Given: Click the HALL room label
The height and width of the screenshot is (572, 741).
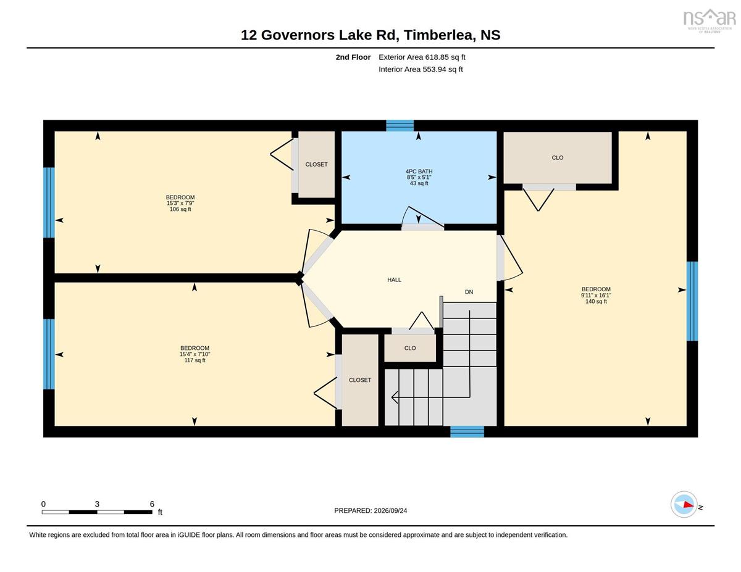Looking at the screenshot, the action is click(x=394, y=280).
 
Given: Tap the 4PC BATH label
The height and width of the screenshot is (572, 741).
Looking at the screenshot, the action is click(x=419, y=172).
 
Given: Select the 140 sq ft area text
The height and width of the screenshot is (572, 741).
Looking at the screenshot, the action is click(x=596, y=302).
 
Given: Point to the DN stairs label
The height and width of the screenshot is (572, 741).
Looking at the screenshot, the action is click(x=469, y=292).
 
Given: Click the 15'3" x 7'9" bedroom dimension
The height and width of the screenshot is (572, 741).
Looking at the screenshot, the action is click(x=180, y=203).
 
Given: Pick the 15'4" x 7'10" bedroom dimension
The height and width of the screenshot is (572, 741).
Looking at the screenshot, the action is click(x=195, y=354).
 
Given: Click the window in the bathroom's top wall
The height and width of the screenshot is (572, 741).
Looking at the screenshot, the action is click(x=400, y=125).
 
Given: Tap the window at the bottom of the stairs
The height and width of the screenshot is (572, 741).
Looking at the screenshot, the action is click(x=467, y=431).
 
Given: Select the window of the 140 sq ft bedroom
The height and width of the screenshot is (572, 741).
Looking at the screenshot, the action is click(x=692, y=301).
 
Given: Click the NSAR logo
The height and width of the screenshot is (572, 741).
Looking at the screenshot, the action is click(x=709, y=20).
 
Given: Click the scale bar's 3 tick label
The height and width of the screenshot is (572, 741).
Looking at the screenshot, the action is click(x=97, y=504).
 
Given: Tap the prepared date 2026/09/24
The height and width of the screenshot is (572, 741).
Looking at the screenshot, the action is click(x=390, y=510).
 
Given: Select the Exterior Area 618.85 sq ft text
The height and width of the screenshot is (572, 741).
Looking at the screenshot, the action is click(x=422, y=57).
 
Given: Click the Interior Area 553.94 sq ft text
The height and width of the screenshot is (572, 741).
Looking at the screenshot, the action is click(x=421, y=69).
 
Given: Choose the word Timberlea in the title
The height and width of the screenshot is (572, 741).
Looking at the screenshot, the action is click(x=440, y=35).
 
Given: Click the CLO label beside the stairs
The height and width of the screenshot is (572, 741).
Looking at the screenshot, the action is click(x=410, y=348).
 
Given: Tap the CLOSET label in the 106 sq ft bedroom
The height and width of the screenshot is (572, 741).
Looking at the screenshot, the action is click(x=316, y=165).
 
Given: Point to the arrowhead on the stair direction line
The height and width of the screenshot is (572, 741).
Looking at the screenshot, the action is click(x=395, y=397).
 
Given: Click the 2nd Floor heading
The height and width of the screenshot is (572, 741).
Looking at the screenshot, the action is click(x=353, y=57).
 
